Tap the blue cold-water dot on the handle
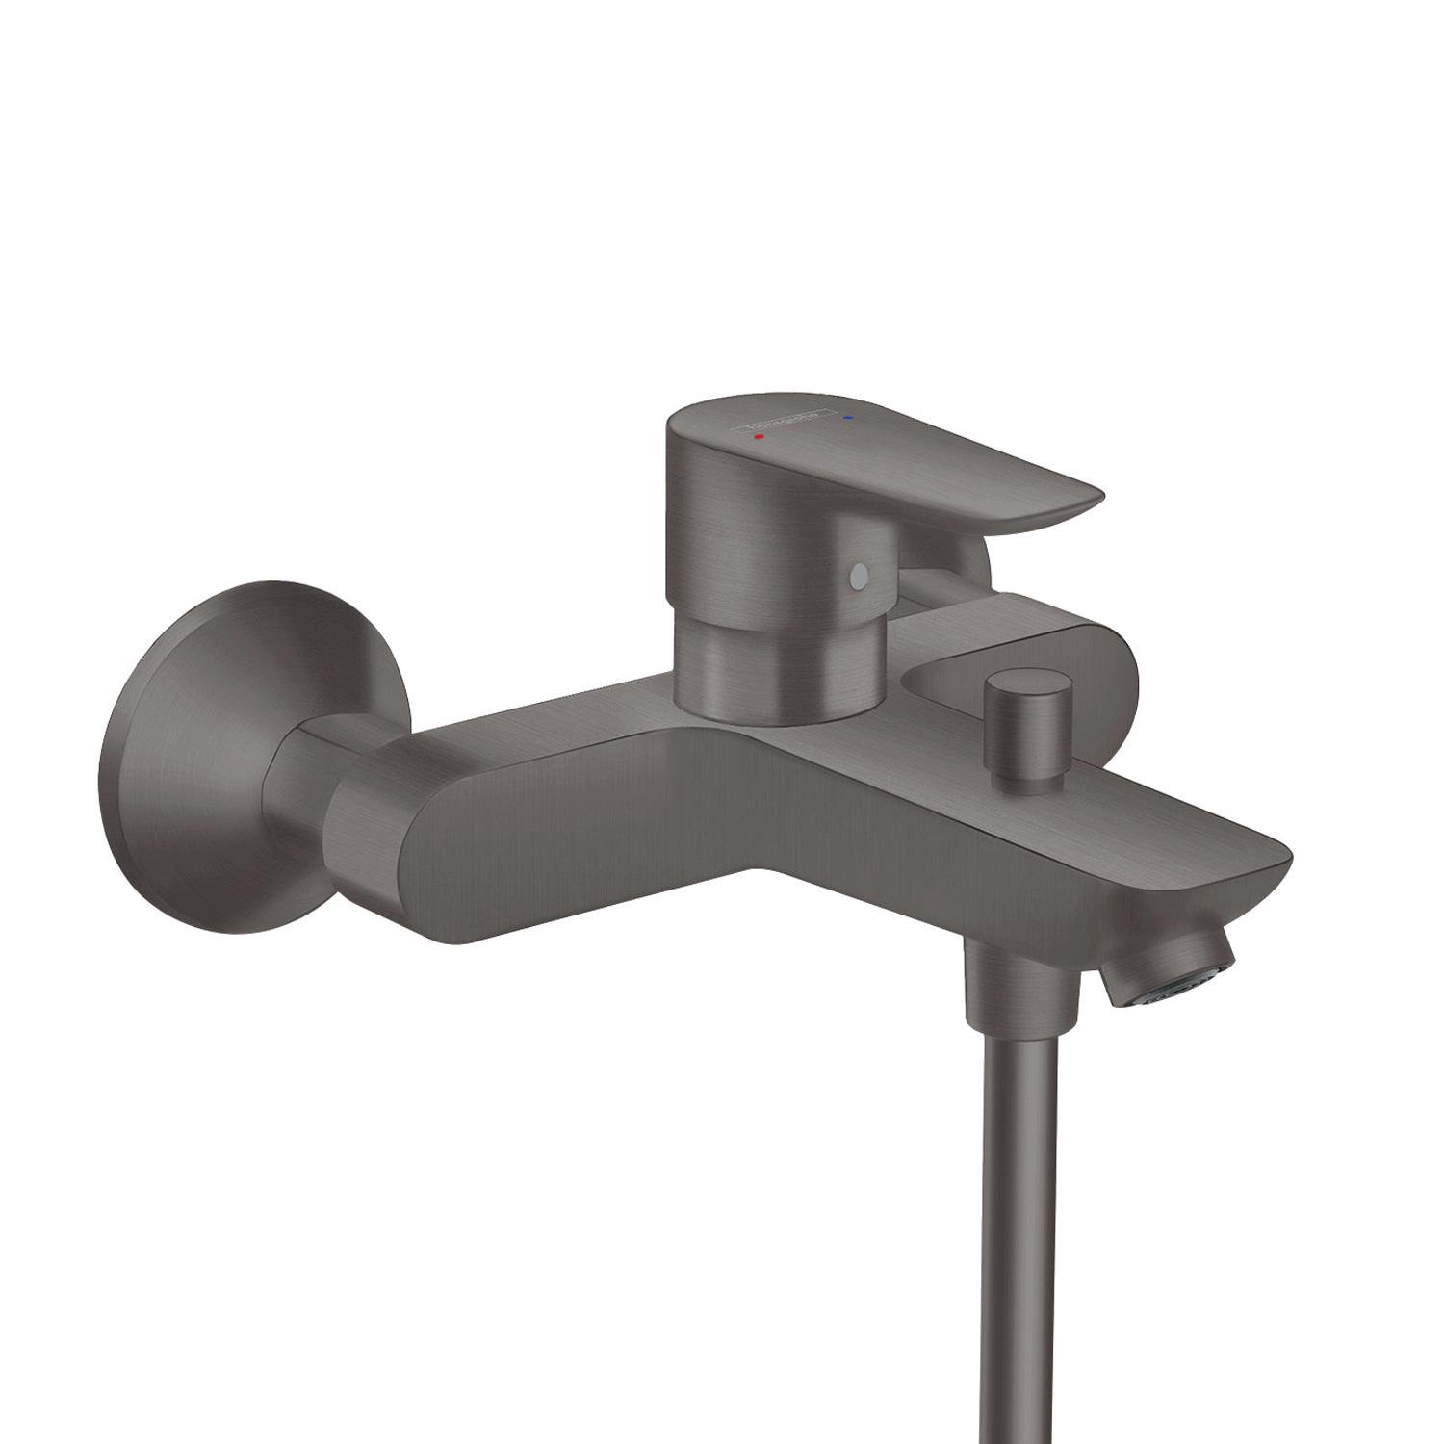(x=847, y=418)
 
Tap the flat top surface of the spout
(x=1107, y=809)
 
